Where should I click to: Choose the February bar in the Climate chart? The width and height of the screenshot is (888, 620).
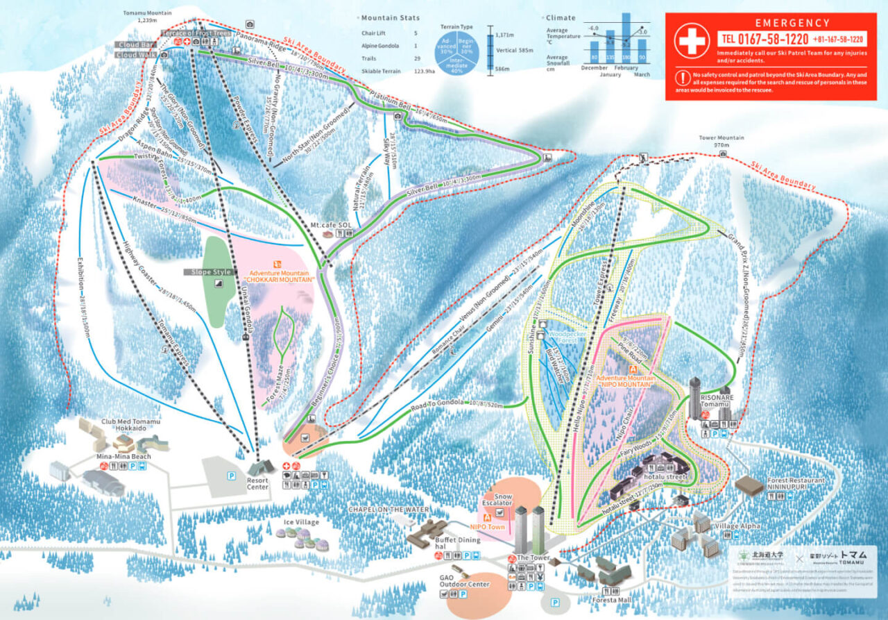point(626,38)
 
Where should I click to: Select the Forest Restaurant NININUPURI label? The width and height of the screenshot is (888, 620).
point(796,485)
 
